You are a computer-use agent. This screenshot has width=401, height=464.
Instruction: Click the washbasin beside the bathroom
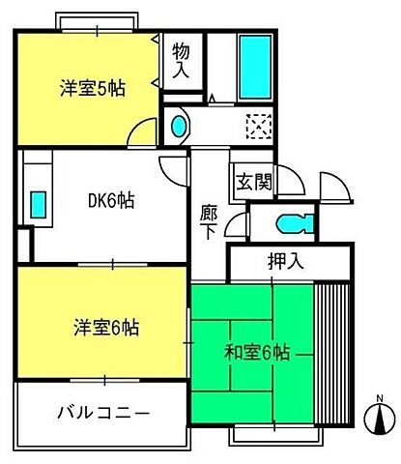[x=180, y=125]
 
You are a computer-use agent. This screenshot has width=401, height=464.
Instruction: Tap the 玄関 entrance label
[x=250, y=181]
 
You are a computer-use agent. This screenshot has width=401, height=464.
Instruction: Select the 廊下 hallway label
[x=209, y=219]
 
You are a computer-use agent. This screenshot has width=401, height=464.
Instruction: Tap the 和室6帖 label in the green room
[x=257, y=353]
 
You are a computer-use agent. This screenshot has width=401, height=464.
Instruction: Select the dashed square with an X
[x=258, y=125]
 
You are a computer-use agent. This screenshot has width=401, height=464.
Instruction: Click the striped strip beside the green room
[x=330, y=352]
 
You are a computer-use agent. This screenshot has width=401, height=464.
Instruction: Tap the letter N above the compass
[x=381, y=399]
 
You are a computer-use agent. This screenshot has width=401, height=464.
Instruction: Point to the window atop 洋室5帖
[x=97, y=21]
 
